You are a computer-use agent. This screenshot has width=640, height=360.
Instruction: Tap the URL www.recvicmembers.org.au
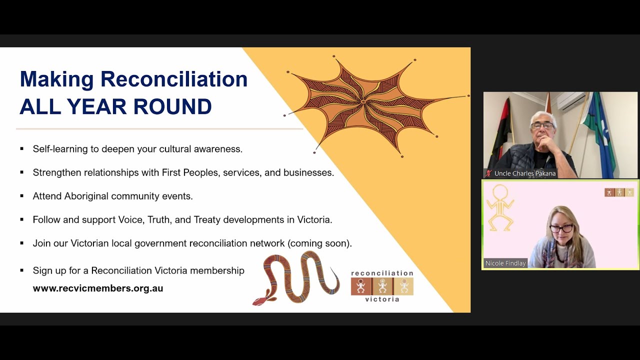tap(98, 288)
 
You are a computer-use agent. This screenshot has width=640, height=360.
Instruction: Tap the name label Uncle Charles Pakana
tap(525, 173)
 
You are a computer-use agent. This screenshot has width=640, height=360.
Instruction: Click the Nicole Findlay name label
tap(505, 263)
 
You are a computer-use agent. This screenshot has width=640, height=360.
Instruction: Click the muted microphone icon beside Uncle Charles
tap(488, 173)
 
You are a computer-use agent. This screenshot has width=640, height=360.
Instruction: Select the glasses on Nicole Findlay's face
tap(561, 228)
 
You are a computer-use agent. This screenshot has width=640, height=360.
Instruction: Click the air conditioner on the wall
tap(571, 101)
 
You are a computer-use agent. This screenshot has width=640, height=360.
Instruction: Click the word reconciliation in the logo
tap(382, 273)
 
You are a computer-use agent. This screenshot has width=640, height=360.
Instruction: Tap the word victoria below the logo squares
tap(382, 299)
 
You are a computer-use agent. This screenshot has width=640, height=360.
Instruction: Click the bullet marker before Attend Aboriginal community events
tap(22, 196)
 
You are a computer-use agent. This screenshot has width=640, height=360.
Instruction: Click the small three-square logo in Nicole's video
tap(619, 192)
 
